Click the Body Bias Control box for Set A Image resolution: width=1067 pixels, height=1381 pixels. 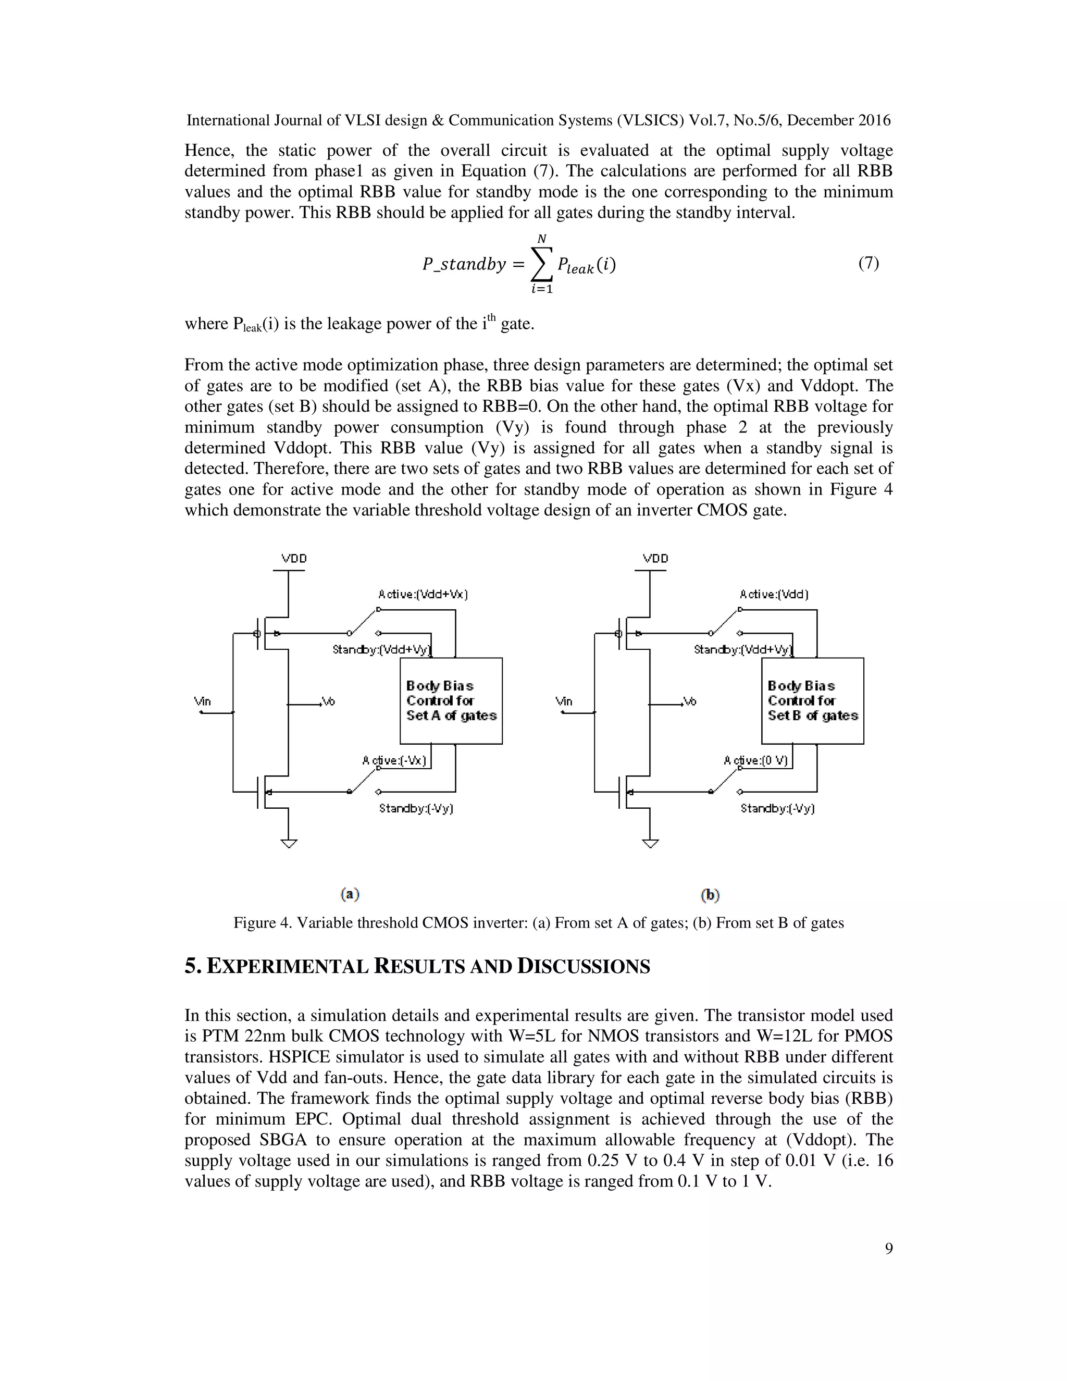(451, 700)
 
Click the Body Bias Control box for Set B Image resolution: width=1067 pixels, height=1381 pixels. (812, 700)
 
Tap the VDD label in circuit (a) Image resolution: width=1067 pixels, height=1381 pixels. (294, 558)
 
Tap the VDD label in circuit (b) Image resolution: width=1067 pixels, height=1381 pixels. (655, 558)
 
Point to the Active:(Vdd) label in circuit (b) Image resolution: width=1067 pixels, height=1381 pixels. (774, 595)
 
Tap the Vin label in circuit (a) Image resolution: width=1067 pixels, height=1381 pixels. (202, 701)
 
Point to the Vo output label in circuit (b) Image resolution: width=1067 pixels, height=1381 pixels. (690, 701)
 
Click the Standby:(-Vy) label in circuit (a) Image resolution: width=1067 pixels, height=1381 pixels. (416, 808)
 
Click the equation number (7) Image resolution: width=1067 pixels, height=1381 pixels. (869, 264)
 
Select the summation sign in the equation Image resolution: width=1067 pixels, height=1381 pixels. (541, 264)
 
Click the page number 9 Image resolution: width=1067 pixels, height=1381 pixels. (889, 1248)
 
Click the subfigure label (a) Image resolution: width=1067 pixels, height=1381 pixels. (350, 894)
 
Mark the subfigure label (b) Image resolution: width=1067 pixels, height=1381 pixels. (711, 895)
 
